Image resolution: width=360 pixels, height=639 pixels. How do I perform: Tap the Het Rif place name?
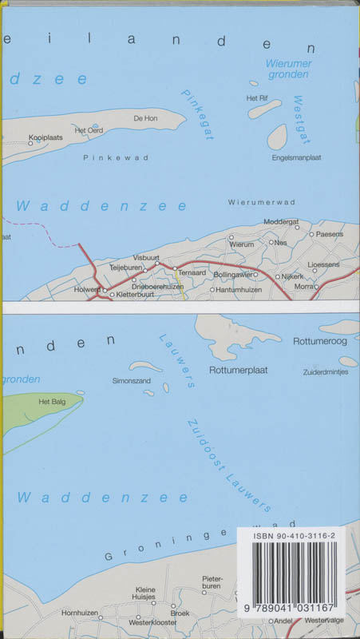pyautogui.click(x=256, y=98)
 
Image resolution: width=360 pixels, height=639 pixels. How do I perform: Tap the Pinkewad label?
pyautogui.click(x=105, y=158)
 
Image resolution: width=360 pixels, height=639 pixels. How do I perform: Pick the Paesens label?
pyautogui.click(x=329, y=234)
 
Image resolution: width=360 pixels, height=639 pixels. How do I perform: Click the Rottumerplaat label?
pyautogui.click(x=235, y=371)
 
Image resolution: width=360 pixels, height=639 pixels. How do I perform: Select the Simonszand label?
pyautogui.click(x=132, y=382)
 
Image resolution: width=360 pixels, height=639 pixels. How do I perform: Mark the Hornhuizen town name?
pyautogui.click(x=84, y=613)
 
